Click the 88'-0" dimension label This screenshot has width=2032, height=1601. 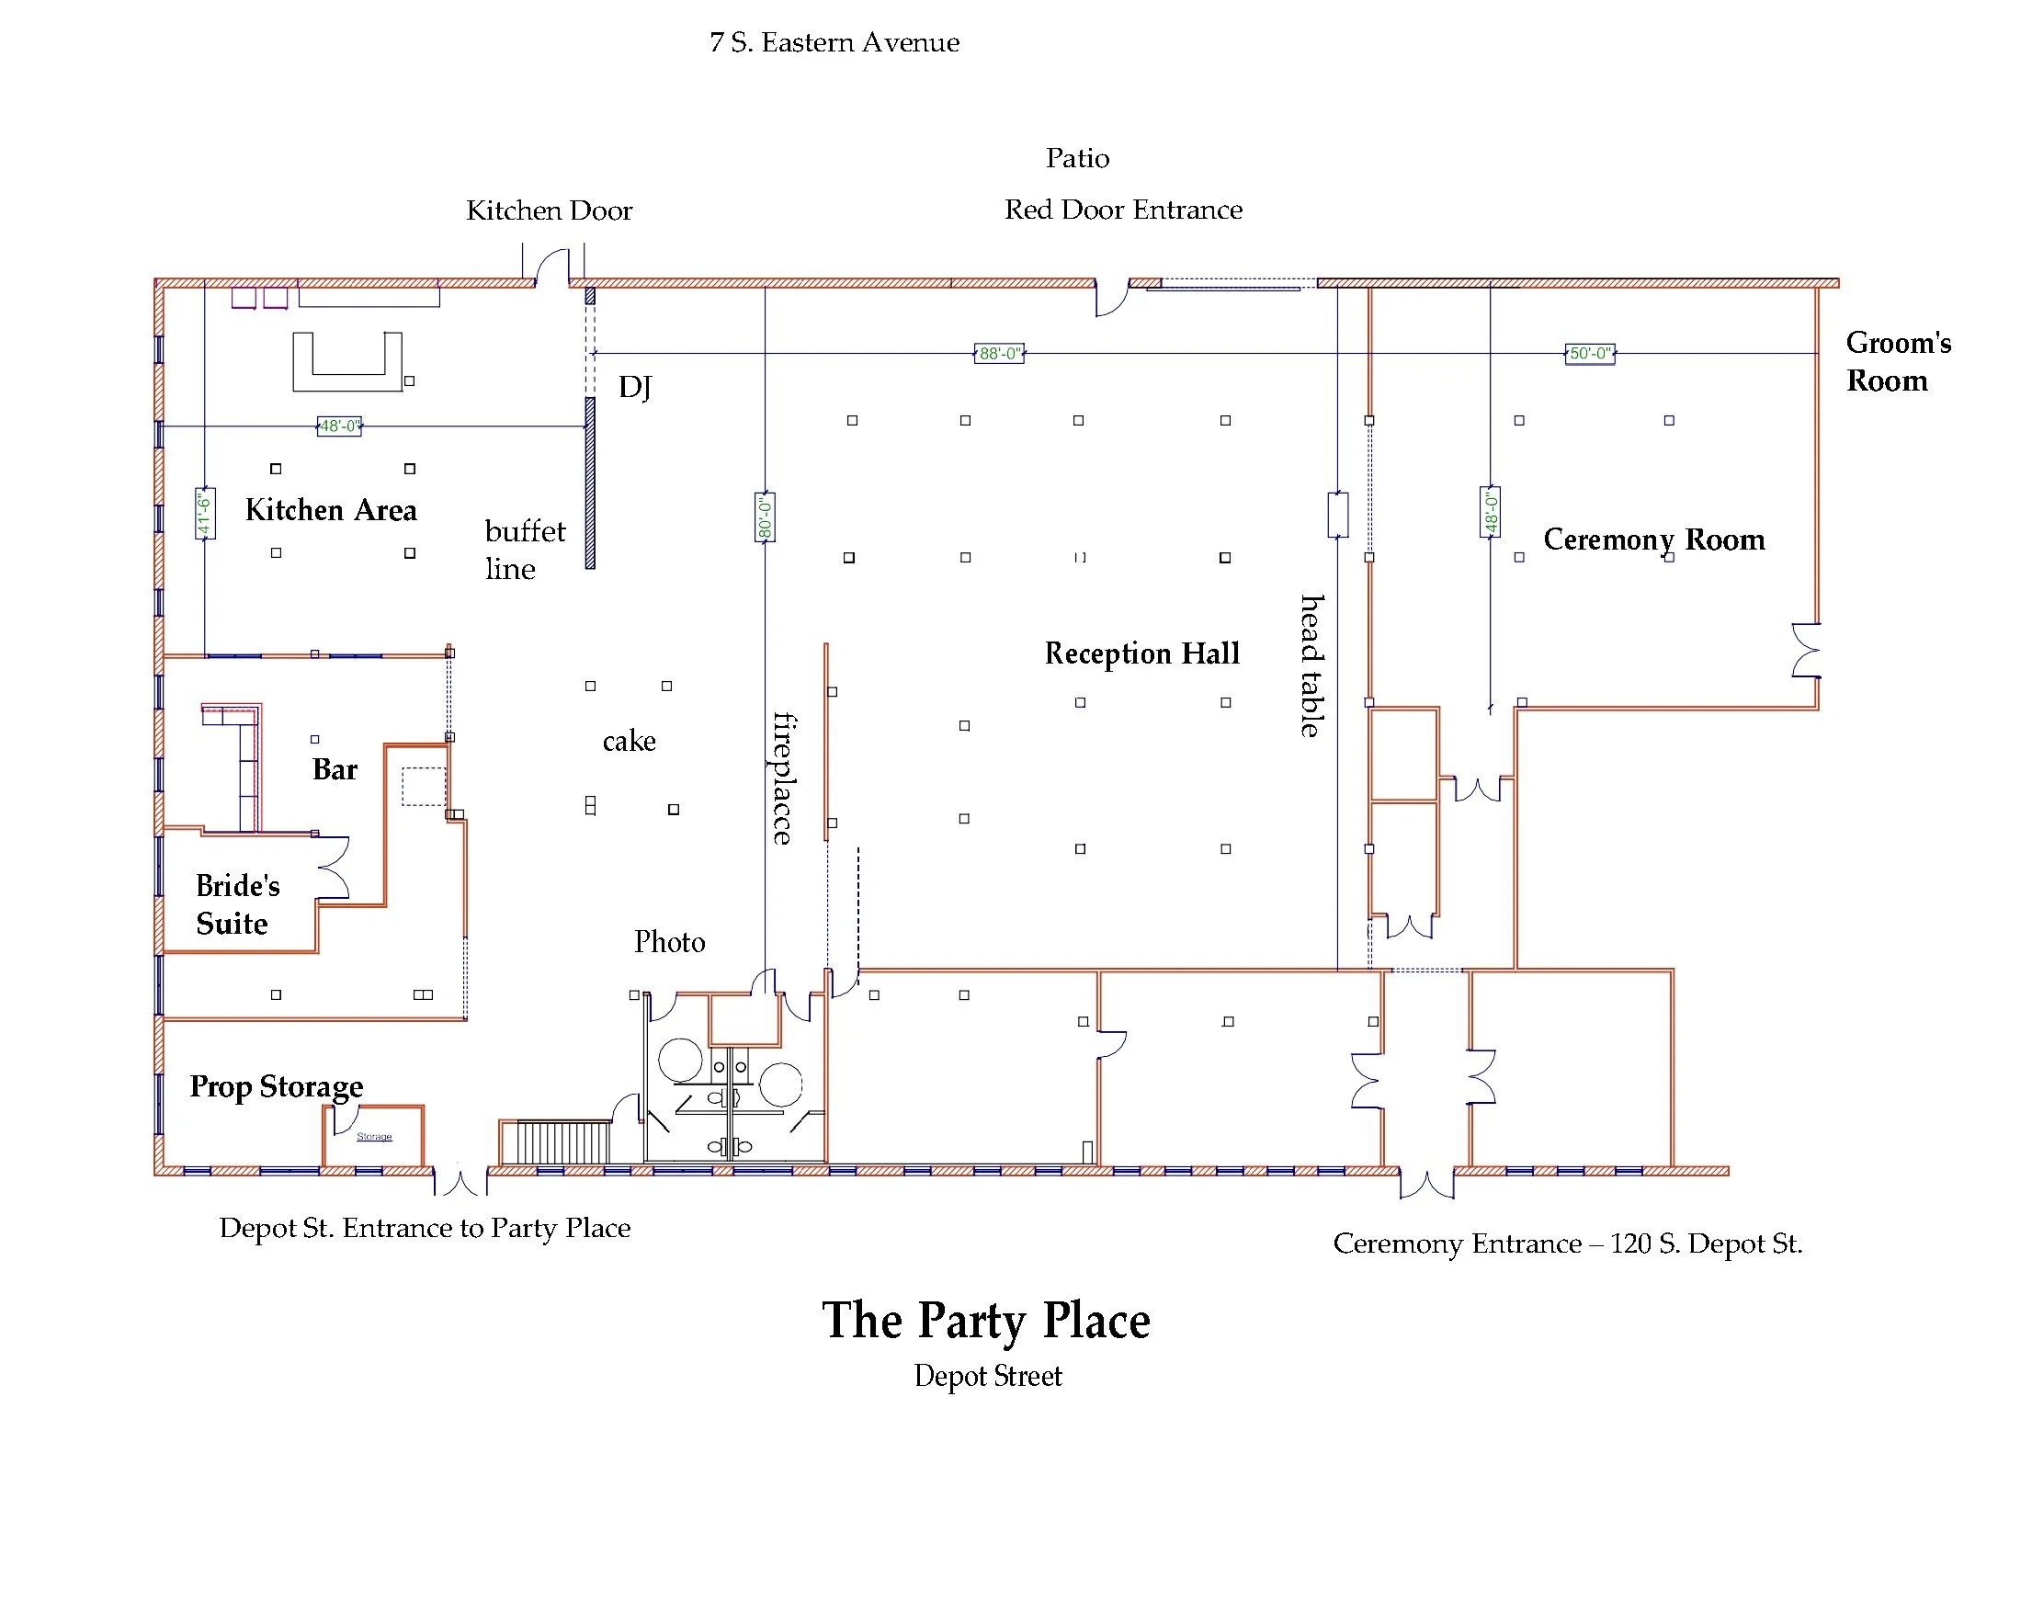998,354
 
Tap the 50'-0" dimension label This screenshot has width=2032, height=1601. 1590,354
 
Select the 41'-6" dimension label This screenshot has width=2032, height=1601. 204,514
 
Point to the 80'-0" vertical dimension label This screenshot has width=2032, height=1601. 765,517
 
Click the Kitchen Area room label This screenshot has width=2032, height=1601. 331,510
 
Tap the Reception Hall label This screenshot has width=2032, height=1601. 1141,653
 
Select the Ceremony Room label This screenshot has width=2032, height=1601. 1653,539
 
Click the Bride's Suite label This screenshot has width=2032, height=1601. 237,904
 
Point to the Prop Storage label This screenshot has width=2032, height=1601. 277,1086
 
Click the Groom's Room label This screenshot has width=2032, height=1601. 1897,362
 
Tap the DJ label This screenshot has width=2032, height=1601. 634,387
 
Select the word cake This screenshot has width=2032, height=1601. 629,742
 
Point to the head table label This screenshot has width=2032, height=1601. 1312,665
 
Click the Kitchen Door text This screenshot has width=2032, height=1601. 550,210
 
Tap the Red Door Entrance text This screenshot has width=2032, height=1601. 1123,210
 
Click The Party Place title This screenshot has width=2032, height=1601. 986,1322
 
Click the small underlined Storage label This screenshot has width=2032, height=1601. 374,1137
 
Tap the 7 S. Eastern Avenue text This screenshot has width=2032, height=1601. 834,43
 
